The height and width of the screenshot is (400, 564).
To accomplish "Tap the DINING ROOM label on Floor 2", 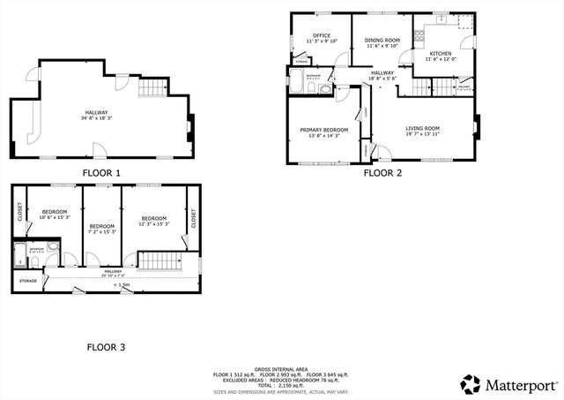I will tap(382, 40).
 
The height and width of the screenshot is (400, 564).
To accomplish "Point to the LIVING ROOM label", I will tap(422, 129).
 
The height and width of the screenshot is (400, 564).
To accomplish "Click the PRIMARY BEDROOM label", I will tap(323, 130).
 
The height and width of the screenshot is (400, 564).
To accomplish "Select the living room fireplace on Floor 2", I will tap(476, 128).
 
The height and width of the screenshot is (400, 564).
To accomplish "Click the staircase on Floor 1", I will tap(153, 87).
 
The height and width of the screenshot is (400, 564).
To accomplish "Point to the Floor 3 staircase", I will tap(160, 260).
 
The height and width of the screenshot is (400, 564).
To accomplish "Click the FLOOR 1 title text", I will tap(101, 173).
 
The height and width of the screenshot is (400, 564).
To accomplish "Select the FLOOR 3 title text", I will tap(105, 347).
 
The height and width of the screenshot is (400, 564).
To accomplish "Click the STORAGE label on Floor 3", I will tap(28, 282).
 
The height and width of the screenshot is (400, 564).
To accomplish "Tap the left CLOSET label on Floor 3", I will tap(19, 213).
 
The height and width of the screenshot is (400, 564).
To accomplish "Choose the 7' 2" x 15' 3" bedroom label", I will tap(101, 231).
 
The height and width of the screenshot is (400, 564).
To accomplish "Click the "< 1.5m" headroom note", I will tap(122, 285).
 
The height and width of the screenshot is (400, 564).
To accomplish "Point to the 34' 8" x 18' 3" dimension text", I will tap(96, 118).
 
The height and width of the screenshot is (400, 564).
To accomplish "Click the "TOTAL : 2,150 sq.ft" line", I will tap(281, 385).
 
